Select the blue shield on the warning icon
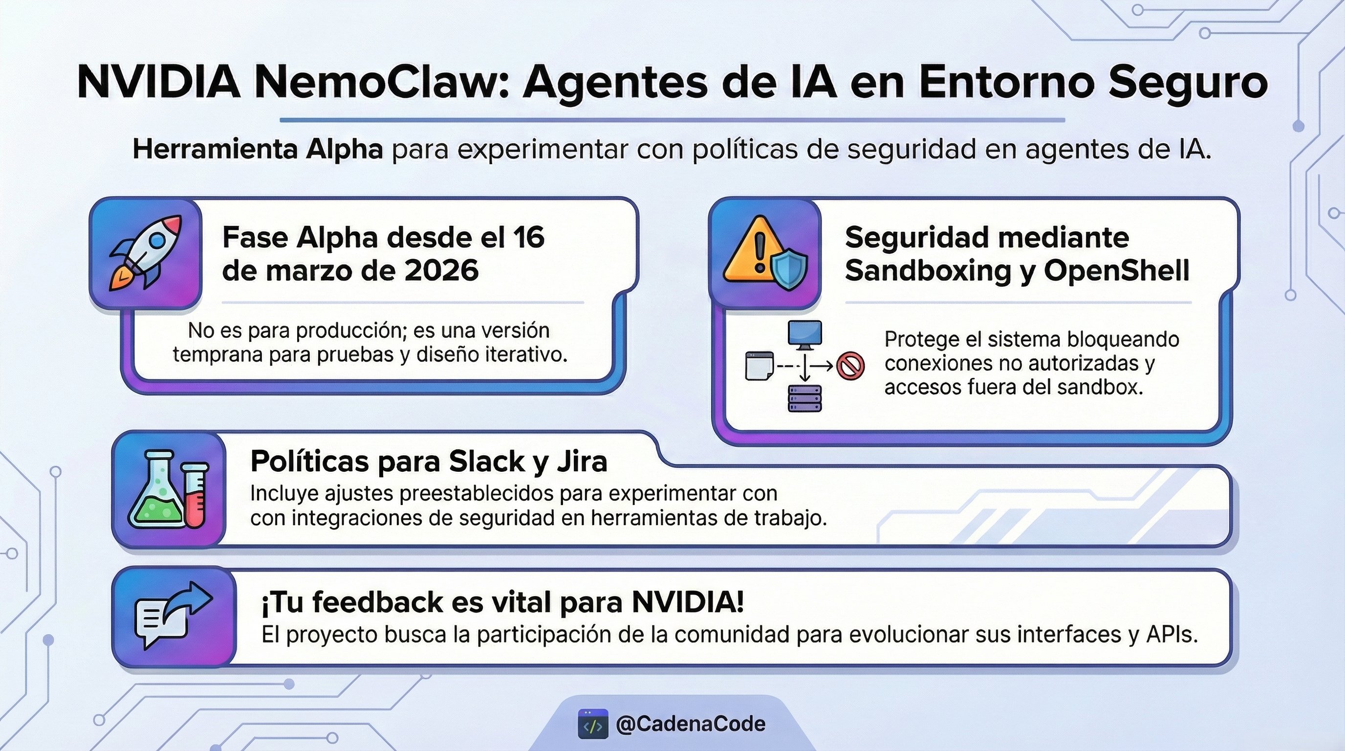click(x=789, y=269)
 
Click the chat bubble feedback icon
click(x=173, y=614)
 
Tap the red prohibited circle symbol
click(x=850, y=366)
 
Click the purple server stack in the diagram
click(x=804, y=398)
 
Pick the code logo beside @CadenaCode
click(x=593, y=724)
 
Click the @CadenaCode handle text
click(x=691, y=724)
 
